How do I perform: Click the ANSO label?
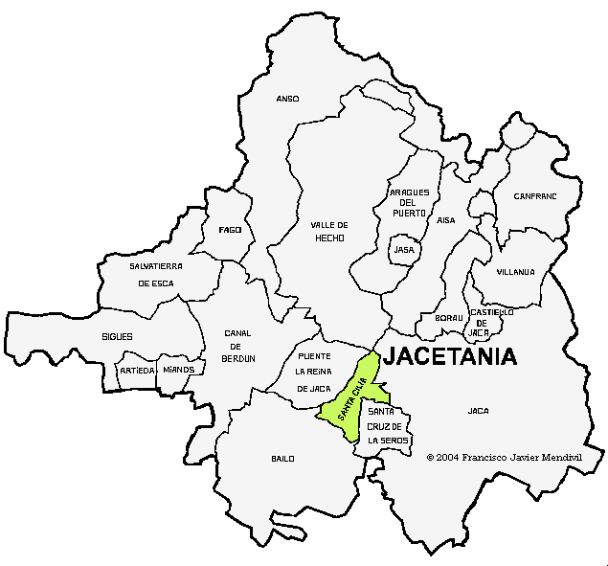point(287,99)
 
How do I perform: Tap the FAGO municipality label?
point(230,230)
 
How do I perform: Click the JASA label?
point(404,250)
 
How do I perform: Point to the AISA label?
point(446,220)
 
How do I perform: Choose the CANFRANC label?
point(534,195)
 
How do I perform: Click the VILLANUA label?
point(515,272)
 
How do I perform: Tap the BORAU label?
point(448,318)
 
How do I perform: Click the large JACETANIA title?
point(449,357)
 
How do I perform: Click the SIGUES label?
point(117,337)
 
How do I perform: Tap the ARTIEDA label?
point(136,370)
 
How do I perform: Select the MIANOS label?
point(179,370)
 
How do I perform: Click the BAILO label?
point(282,459)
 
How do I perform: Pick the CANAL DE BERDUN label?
point(237,345)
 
